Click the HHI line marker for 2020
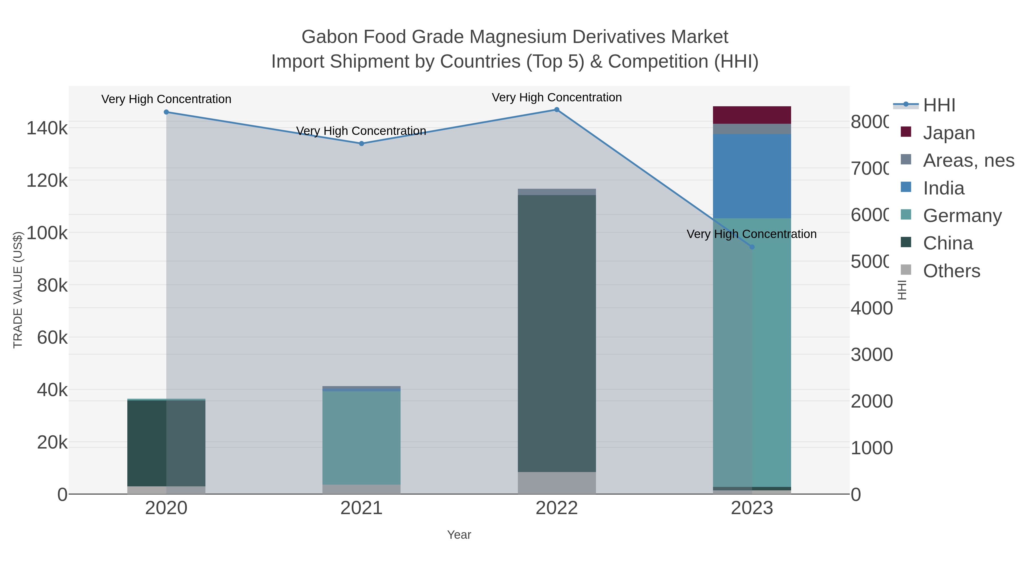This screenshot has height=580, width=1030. (166, 112)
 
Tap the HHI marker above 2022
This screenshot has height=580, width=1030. (556, 110)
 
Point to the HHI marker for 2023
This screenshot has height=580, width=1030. (752, 247)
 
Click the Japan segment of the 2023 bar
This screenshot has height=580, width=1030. (752, 115)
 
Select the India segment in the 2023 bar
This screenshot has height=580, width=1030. (752, 176)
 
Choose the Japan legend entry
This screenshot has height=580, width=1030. (948, 133)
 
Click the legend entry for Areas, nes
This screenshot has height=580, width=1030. (968, 160)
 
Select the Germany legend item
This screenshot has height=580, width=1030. (962, 216)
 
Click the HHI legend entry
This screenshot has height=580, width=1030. (938, 105)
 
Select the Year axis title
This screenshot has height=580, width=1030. (459, 535)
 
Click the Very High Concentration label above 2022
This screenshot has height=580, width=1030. (556, 97)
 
